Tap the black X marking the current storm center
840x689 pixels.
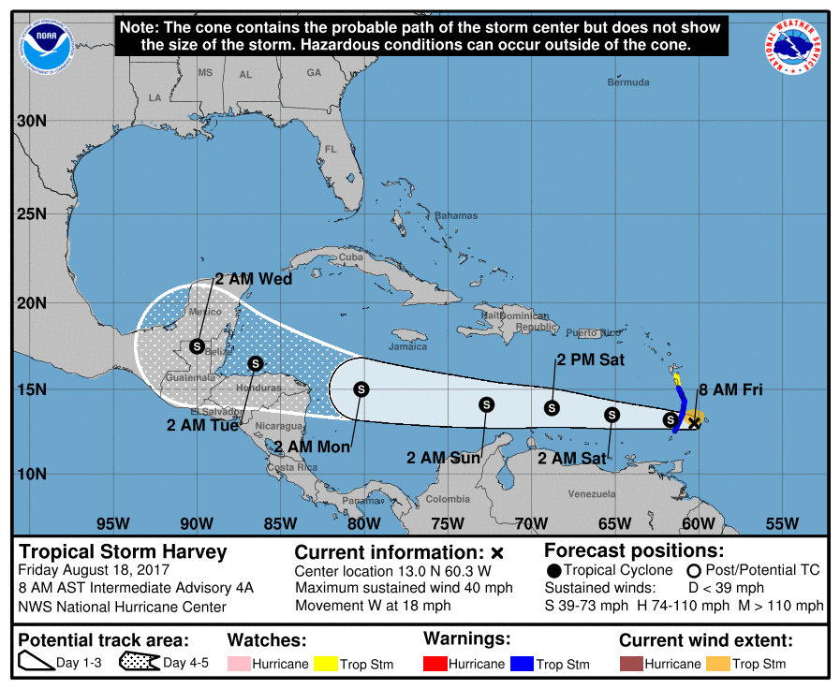(694, 423)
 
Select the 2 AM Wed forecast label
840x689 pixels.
(253, 279)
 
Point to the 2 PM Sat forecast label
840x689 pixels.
(590, 359)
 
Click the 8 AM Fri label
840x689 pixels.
(732, 389)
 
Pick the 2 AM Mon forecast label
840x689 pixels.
(313, 447)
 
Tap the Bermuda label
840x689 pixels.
(627, 82)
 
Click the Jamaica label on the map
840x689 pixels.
(407, 346)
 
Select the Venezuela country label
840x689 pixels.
(590, 493)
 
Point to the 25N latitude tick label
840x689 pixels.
(32, 213)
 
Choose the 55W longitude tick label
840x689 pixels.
(782, 523)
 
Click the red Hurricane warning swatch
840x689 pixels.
(436, 664)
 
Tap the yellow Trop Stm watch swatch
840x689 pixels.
(326, 664)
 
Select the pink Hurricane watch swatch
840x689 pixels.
(242, 664)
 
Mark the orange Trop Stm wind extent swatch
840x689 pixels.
(717, 664)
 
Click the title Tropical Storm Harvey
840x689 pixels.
(123, 551)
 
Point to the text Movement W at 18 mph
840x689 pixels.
(373, 605)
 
